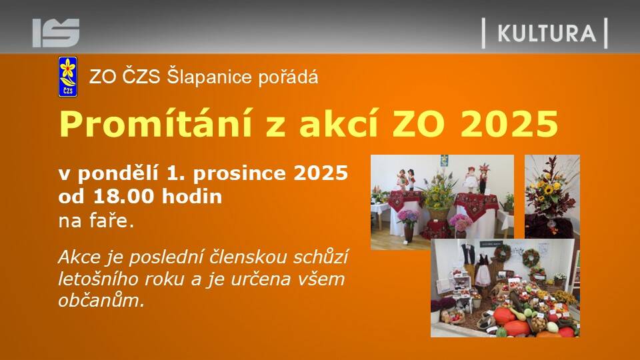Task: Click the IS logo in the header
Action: pos(56,33)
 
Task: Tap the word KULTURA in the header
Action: pos(547,33)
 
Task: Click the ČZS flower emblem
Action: pos(68,77)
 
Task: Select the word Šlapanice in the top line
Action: pos(210,77)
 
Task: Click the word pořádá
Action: pos(288,77)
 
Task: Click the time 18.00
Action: pos(125,196)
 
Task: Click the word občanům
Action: pos(101,301)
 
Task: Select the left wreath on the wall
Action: pos(502,253)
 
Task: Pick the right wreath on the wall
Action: pos(531,258)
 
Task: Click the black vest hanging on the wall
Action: pos(467,254)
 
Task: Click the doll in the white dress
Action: pos(471,181)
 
